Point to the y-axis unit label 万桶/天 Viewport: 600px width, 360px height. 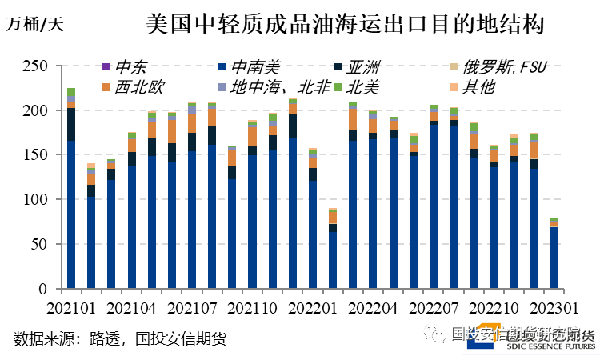[35, 23]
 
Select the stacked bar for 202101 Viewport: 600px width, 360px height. [71, 192]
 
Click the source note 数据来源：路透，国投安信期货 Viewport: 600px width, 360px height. [119, 338]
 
